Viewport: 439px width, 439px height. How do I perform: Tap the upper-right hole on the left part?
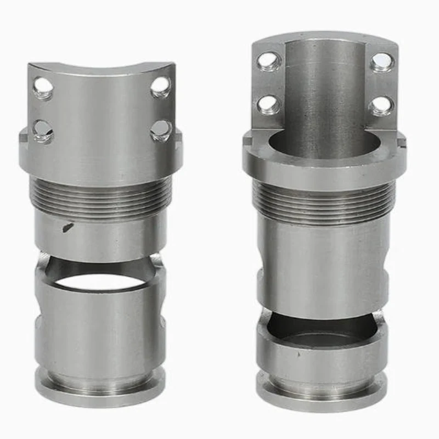point(160,86)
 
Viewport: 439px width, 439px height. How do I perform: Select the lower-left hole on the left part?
point(42,131)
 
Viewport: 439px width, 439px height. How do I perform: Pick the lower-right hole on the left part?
point(160,130)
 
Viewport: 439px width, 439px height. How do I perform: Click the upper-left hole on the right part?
point(269,61)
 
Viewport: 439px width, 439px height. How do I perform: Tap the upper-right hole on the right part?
point(382,62)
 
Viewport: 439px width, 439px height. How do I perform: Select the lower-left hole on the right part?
point(269,104)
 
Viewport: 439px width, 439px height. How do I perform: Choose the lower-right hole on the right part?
point(381,105)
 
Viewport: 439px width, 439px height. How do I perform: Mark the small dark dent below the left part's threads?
point(67,226)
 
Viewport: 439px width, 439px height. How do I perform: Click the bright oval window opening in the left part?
point(100,282)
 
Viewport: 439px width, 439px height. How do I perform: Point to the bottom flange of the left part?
point(100,387)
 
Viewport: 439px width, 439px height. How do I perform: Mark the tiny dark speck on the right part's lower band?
point(299,356)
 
